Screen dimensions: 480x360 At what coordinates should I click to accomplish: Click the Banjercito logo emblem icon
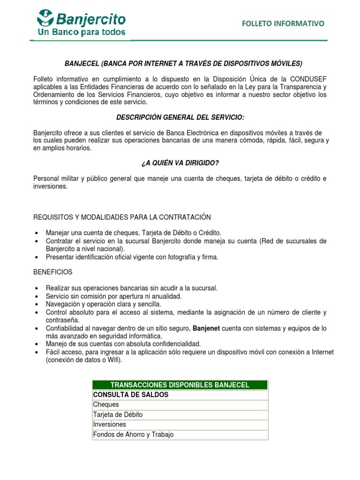46,19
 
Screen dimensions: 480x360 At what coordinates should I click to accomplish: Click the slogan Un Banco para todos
81,32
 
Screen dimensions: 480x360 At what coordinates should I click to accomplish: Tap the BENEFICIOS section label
53,272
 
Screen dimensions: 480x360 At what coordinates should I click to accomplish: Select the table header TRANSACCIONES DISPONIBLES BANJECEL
180,385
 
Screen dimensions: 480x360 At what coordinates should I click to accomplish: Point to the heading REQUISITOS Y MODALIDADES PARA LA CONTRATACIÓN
122,217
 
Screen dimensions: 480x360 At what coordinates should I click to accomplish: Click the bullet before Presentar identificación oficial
37,257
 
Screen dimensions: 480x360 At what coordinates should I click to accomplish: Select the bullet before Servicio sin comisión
37,297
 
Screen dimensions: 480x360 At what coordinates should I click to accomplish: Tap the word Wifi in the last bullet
112,360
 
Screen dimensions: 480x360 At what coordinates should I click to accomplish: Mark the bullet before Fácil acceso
37,352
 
